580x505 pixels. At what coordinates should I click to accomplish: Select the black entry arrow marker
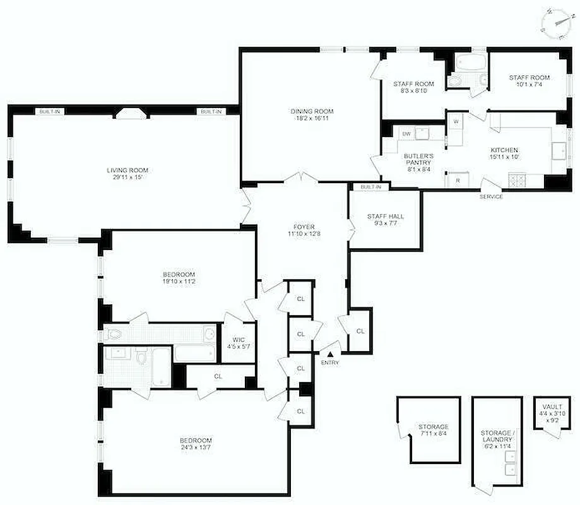[329, 355]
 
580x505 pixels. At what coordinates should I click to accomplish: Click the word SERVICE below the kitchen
[491, 196]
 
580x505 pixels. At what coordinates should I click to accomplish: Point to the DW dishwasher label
[407, 134]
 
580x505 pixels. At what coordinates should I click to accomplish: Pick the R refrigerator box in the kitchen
[456, 181]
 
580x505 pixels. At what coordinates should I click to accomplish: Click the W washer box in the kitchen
[455, 120]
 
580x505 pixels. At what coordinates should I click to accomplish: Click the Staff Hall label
[385, 217]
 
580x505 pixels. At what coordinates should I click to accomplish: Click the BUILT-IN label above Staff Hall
[370, 187]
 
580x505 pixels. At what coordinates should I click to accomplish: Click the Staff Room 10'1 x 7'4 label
[529, 81]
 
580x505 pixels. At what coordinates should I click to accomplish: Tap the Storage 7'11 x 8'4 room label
[433, 431]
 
